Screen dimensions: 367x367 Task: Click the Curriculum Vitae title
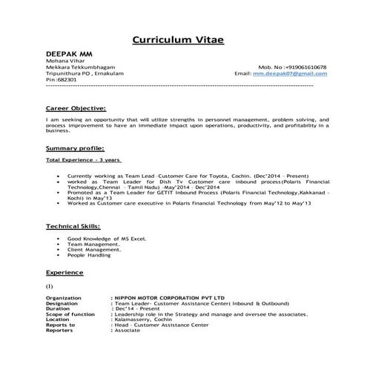(183, 39)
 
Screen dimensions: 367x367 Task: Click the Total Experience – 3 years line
(82, 160)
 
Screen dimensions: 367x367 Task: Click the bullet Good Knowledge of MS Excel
(107, 239)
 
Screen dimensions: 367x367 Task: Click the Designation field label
(62, 303)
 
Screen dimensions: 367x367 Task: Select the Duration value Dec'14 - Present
(139, 309)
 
